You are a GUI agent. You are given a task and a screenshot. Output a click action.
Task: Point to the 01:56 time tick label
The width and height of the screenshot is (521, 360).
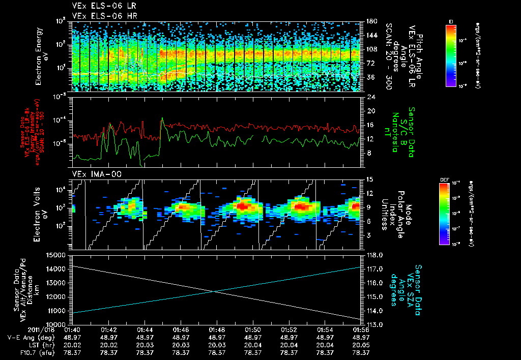coord(361,329)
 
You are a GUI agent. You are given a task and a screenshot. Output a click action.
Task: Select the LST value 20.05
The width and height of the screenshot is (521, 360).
coord(361,345)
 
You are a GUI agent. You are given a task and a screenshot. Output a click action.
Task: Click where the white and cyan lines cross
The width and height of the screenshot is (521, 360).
coord(214,291)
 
